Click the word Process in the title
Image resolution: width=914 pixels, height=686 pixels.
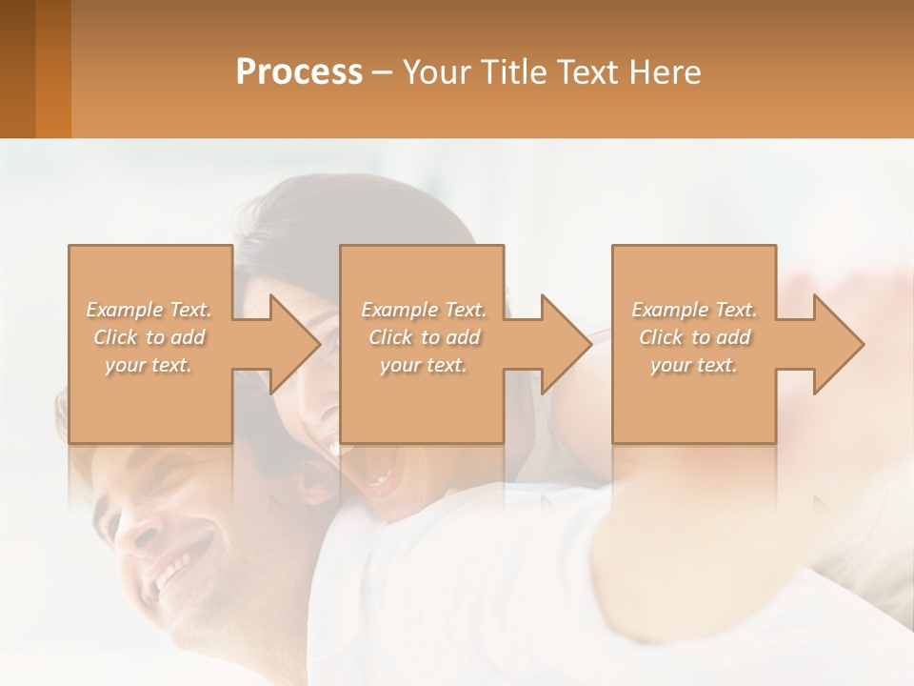click(x=299, y=71)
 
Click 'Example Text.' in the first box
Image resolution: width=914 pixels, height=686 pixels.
click(x=149, y=310)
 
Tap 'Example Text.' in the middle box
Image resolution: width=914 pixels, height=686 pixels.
click(x=424, y=310)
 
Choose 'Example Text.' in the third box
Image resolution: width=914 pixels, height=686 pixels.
click(x=694, y=310)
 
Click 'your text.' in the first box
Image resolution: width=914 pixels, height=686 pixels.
click(x=149, y=365)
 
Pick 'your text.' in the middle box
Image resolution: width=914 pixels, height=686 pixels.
click(x=424, y=365)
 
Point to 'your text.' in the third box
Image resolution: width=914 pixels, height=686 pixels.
click(x=694, y=365)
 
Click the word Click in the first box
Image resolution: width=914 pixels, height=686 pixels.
click(x=114, y=337)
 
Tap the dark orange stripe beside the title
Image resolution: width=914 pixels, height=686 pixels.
click(x=53, y=69)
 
